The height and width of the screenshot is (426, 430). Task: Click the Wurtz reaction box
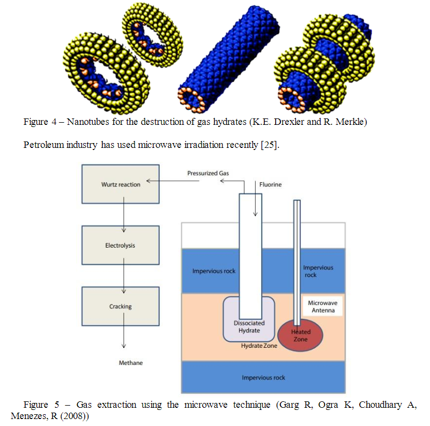click(121, 184)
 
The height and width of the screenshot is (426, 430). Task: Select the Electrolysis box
click(121, 245)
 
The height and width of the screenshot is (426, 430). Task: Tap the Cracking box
click(121, 307)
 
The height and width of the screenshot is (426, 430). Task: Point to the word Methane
click(131, 363)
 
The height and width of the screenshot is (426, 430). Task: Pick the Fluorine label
click(270, 184)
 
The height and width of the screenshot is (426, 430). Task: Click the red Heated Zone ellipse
click(300, 335)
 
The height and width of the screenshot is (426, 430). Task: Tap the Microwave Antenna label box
click(322, 307)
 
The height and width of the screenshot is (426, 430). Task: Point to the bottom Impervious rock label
click(263, 377)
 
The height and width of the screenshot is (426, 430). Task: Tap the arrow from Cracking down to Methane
click(124, 338)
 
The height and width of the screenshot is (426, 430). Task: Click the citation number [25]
click(269, 145)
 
